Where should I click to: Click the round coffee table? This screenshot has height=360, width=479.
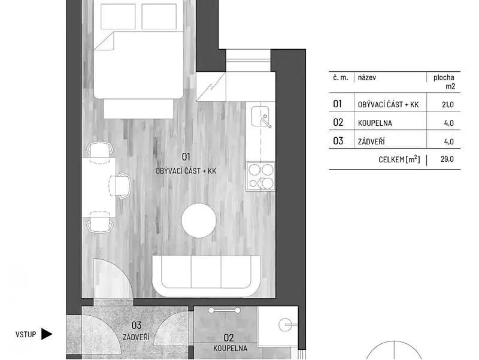199,220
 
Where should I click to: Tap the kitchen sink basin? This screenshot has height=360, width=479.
260,116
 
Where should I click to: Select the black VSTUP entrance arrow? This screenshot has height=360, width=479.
47,334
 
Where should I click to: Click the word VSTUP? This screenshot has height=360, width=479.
26,334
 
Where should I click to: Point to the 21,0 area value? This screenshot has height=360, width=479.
448,104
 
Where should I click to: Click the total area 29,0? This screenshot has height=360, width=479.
447,159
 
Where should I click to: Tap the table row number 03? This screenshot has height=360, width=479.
338,141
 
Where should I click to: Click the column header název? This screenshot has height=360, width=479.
367,77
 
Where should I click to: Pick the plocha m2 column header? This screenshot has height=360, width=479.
444,81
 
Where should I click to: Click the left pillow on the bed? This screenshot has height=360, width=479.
118,17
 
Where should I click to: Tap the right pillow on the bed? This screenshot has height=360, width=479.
159,17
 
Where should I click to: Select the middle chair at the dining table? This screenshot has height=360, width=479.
121,186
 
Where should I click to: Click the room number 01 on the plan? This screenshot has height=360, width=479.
186,157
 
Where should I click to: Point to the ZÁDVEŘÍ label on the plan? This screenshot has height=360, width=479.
137,337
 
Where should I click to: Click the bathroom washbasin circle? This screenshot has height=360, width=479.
286,325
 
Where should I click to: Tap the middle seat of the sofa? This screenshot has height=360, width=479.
206,272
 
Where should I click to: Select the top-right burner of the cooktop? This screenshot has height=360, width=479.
267,170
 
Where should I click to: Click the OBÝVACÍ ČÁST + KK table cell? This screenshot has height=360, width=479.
388,104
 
